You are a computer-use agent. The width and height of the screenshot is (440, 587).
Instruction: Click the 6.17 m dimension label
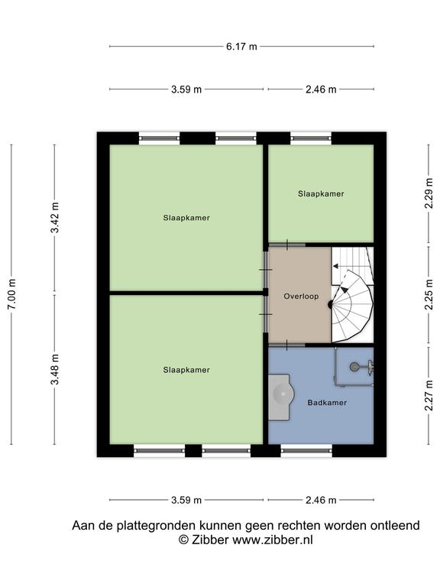[x=241, y=47]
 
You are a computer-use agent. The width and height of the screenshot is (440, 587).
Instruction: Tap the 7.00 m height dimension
[x=11, y=294]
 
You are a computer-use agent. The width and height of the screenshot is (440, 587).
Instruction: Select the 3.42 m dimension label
[x=55, y=218]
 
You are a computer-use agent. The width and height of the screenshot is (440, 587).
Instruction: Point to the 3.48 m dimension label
[x=55, y=369]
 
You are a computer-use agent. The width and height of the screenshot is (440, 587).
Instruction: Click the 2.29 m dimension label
[x=429, y=193]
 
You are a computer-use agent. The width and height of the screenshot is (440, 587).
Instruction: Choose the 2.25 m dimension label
[x=429, y=294]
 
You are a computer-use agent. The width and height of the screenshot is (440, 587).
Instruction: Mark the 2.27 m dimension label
[x=429, y=395]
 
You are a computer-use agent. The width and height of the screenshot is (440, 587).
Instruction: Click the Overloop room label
[x=301, y=296]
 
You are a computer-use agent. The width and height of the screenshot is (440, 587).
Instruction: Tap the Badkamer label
[x=327, y=403]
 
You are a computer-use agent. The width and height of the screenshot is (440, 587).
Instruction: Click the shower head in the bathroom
[x=354, y=367]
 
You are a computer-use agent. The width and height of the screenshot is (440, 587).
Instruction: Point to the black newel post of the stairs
[x=331, y=305]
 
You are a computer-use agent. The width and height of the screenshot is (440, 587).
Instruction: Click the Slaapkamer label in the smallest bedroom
[x=321, y=194]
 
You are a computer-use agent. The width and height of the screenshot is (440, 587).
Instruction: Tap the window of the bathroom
[x=306, y=451]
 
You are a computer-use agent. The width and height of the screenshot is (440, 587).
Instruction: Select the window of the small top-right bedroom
[x=311, y=138]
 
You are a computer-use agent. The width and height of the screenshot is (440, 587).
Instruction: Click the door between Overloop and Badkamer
[x=287, y=345]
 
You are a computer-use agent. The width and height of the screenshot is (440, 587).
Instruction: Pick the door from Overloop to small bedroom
[x=287, y=245]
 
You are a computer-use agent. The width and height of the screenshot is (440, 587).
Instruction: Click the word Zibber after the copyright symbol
[x=209, y=540]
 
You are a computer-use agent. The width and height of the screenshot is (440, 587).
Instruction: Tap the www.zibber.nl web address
[x=273, y=540]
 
